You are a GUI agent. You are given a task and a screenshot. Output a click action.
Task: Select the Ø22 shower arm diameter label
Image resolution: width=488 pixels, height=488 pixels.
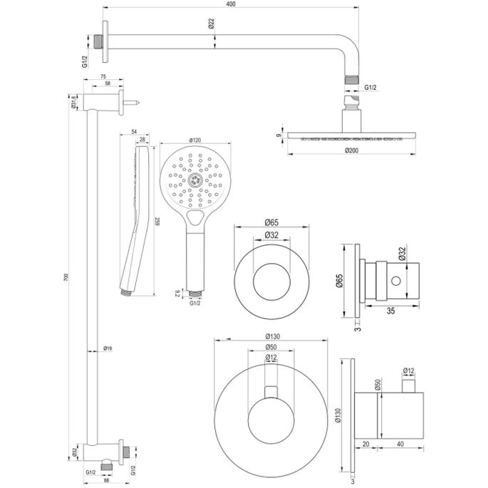click(212, 24)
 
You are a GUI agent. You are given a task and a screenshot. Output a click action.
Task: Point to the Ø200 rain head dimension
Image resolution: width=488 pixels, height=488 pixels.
click(351, 151)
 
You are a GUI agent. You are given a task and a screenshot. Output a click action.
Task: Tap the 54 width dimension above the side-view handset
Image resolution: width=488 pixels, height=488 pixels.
click(135, 133)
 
